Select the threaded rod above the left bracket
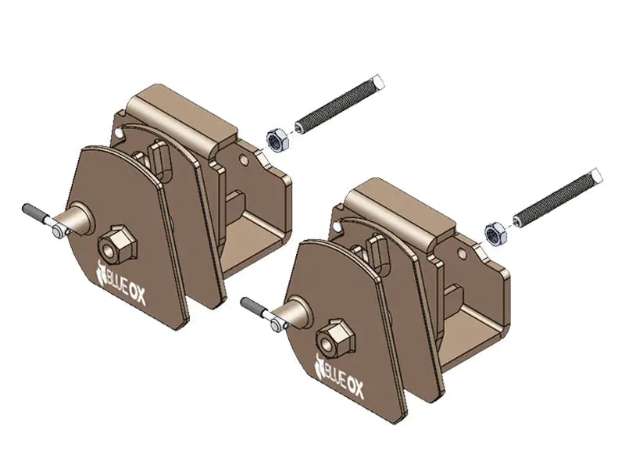(x=341, y=103)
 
